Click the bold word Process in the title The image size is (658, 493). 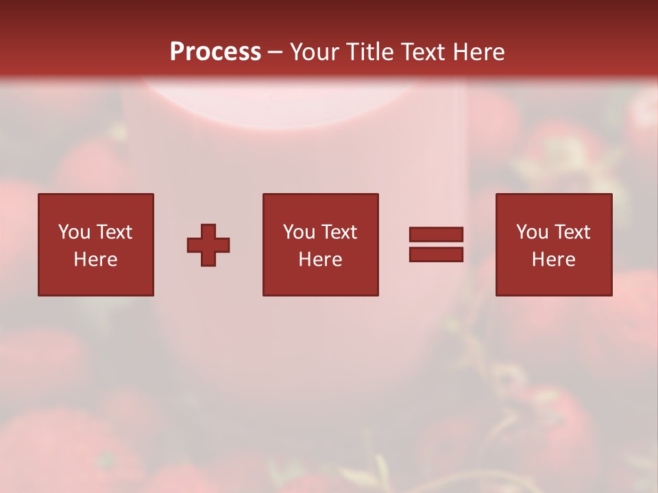click(215, 52)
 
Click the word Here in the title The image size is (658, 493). click(480, 52)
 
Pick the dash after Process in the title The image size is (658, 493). click(275, 53)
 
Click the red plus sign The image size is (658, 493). click(208, 245)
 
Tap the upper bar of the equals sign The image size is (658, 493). click(436, 234)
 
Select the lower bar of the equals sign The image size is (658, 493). click(436, 255)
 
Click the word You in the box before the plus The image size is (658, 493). click(74, 232)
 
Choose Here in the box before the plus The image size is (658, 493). click(95, 260)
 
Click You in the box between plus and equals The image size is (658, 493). click(299, 232)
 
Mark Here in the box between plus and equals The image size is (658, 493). click(320, 260)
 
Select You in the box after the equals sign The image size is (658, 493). click(532, 232)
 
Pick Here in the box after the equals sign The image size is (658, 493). click(553, 260)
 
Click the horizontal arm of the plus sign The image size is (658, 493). click(195, 245)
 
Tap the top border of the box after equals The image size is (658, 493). click(554, 194)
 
